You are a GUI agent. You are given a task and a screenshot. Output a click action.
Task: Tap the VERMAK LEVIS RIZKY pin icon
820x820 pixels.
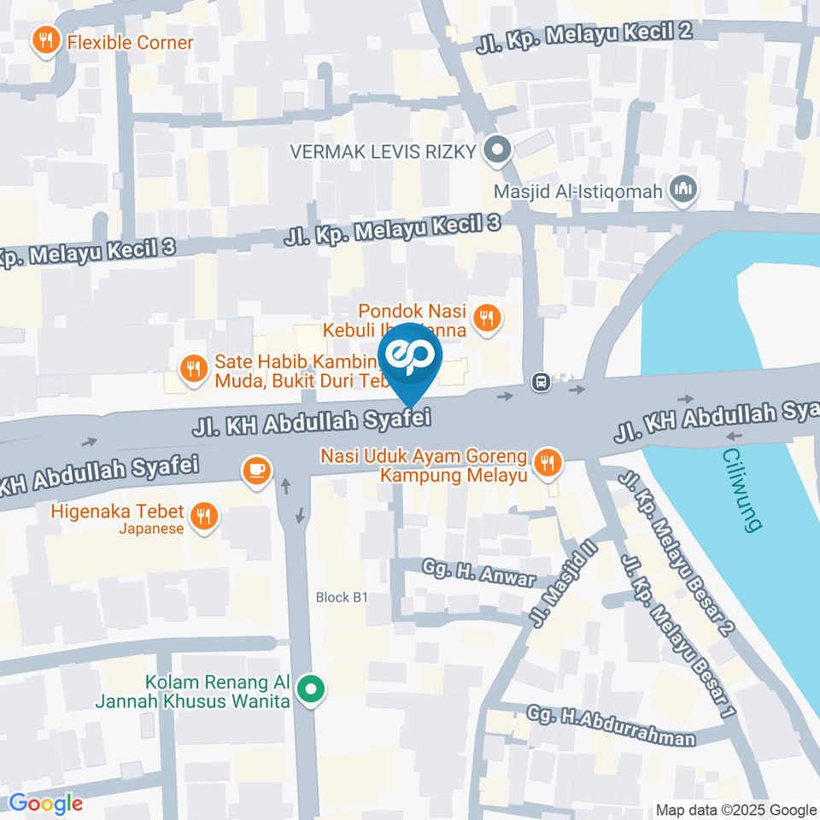click(x=496, y=151)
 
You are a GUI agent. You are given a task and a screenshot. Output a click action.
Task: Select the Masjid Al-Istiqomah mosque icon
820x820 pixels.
click(x=682, y=190)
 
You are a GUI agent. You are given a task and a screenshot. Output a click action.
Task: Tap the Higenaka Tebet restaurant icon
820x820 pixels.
click(x=203, y=515)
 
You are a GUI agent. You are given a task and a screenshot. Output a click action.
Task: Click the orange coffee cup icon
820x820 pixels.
click(x=256, y=469)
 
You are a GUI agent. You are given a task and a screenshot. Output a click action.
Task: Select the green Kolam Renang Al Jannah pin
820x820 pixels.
click(x=312, y=689)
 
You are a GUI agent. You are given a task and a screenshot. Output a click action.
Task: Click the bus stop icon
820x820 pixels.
click(x=541, y=382)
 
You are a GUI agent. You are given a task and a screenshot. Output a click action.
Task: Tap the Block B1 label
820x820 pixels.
click(x=342, y=597)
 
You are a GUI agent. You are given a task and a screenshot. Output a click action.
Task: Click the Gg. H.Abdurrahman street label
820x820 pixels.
click(x=611, y=725)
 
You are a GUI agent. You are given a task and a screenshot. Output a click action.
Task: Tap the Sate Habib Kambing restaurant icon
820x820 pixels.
click(x=193, y=369)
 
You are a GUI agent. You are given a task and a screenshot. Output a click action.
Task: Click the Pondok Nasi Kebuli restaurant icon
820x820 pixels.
click(x=487, y=319)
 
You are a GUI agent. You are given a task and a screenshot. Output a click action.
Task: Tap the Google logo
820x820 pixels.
click(x=46, y=804)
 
